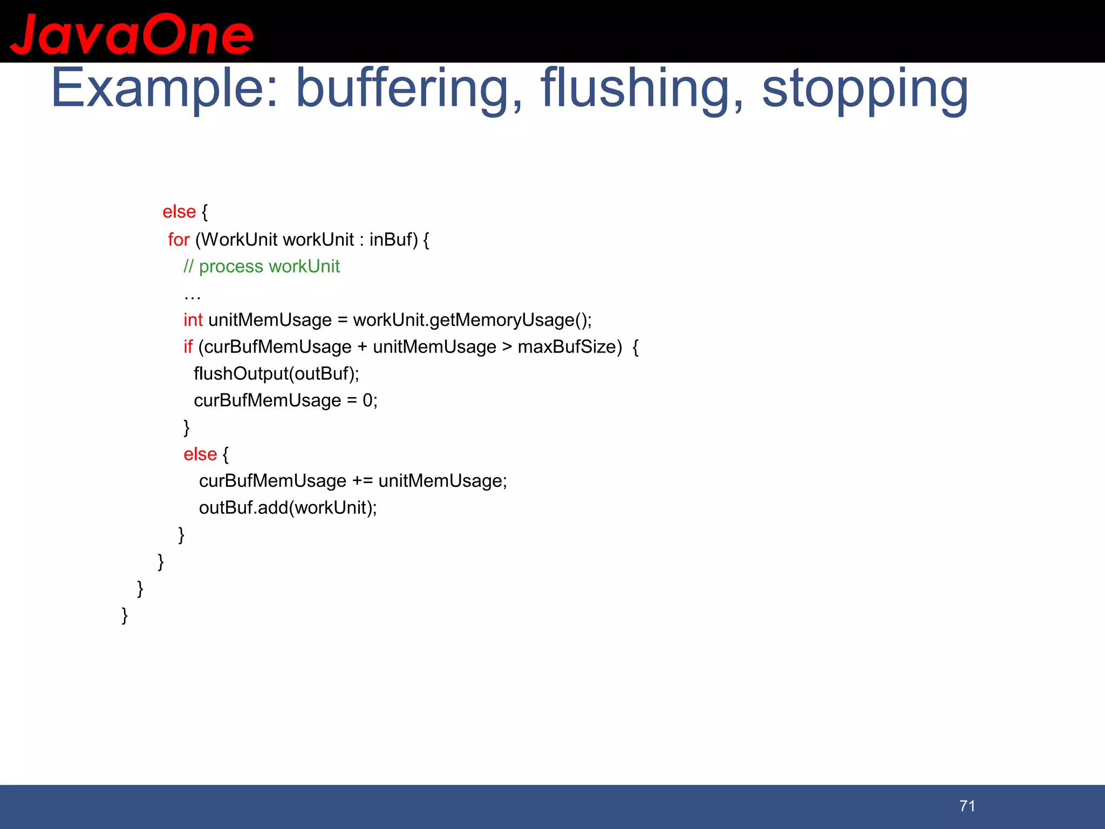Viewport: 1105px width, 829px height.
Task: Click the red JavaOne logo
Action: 132,35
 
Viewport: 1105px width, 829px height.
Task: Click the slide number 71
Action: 967,806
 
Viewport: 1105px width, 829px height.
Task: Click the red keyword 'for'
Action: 179,239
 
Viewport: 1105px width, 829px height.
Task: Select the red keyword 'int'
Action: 193,320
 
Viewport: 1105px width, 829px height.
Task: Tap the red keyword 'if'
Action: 188,346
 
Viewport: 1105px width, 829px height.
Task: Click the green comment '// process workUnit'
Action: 261,266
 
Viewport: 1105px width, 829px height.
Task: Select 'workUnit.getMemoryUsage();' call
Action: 472,320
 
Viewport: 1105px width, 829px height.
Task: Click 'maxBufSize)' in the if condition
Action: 570,346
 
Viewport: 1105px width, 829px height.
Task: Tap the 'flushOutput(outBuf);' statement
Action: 276,373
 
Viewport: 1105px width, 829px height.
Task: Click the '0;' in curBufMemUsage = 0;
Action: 370,400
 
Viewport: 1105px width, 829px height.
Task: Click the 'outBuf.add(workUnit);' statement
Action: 288,507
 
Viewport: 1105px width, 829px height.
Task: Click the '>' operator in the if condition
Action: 507,346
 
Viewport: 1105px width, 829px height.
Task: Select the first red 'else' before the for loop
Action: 179,212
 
